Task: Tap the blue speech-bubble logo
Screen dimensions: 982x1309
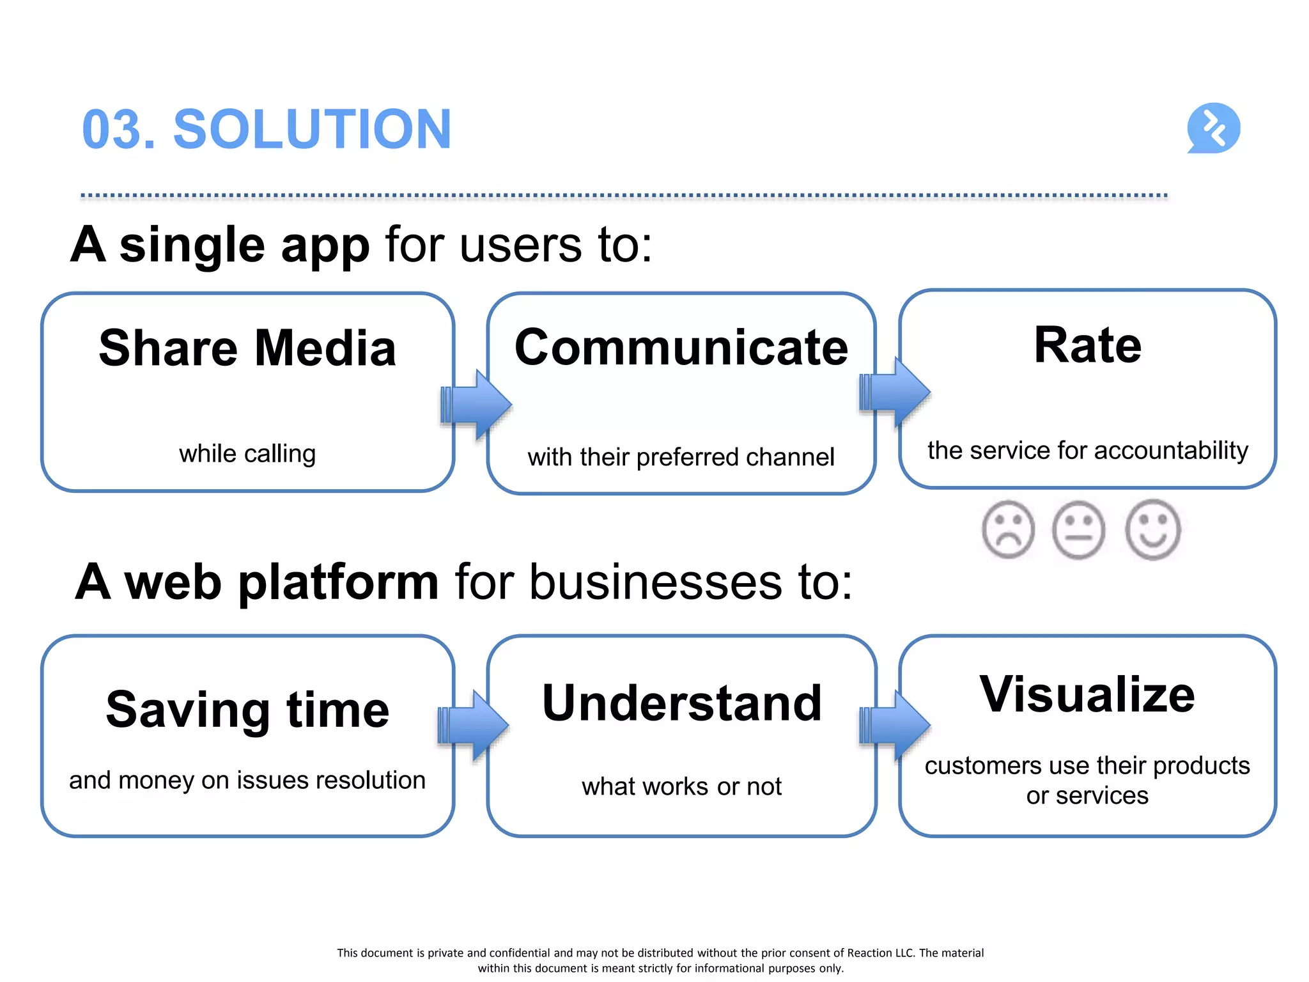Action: [x=1213, y=128]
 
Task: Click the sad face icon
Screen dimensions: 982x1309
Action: [x=1008, y=529]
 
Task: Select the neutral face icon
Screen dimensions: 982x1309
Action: [x=1079, y=530]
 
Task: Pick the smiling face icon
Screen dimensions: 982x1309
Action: [x=1152, y=530]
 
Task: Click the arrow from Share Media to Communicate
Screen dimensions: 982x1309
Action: [x=476, y=405]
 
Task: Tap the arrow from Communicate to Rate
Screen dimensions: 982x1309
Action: [x=895, y=391]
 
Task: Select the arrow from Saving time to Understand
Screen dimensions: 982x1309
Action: [x=474, y=726]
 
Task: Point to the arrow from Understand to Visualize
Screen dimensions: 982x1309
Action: [x=895, y=726]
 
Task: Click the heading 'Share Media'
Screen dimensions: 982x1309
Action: [x=247, y=348]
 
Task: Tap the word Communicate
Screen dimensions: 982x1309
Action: [x=681, y=348]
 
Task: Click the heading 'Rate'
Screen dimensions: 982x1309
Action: [x=1087, y=345]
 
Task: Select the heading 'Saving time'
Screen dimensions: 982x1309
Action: [x=247, y=710]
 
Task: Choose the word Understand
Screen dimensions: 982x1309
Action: [x=681, y=703]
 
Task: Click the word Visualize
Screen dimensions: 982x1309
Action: [x=1087, y=695]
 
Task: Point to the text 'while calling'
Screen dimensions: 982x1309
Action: [x=247, y=454]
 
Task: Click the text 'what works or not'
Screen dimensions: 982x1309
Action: [x=681, y=786]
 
